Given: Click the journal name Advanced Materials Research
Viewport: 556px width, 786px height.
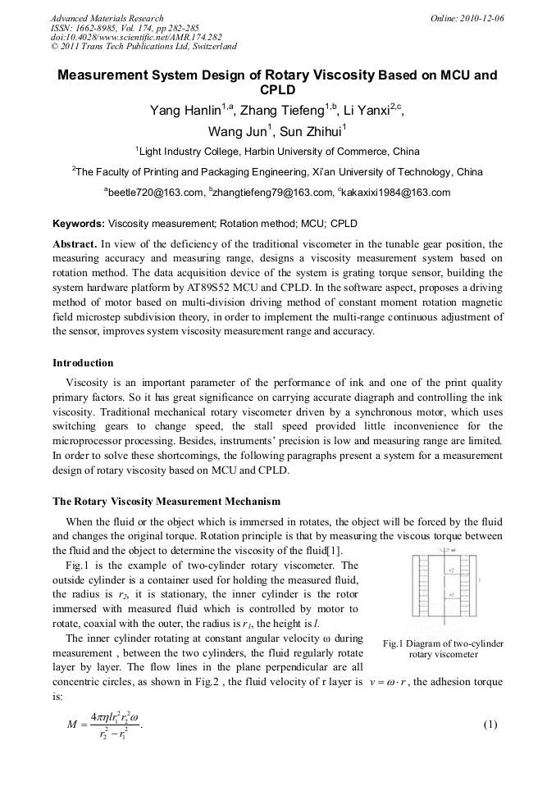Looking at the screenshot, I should pyautogui.click(x=107, y=18).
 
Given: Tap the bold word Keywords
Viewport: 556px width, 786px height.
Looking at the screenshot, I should pyautogui.click(x=78, y=223).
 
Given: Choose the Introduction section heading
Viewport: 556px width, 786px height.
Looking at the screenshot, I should pyautogui.click(x=83, y=362).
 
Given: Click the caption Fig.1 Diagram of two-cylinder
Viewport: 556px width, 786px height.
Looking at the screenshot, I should pyautogui.click(x=443, y=643).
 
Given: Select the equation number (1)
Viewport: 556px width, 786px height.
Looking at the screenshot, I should pyautogui.click(x=491, y=725).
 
